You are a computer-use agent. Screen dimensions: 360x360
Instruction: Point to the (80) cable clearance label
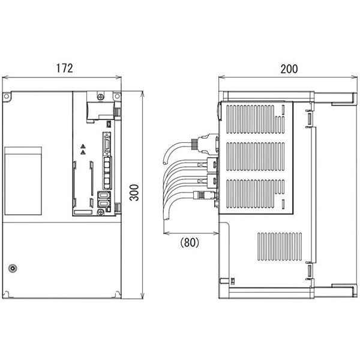tap(189, 242)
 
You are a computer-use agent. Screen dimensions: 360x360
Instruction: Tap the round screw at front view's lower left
tap(12, 268)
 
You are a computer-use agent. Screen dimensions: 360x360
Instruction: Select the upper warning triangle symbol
tap(82, 146)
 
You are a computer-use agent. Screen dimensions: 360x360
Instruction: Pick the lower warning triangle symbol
tap(82, 152)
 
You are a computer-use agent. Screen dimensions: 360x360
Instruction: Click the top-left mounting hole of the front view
tap(7, 97)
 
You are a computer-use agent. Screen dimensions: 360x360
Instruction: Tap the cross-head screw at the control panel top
tap(101, 95)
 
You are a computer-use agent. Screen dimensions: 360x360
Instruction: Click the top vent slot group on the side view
tap(253, 120)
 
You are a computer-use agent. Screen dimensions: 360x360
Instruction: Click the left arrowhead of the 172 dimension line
tap(4, 77)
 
